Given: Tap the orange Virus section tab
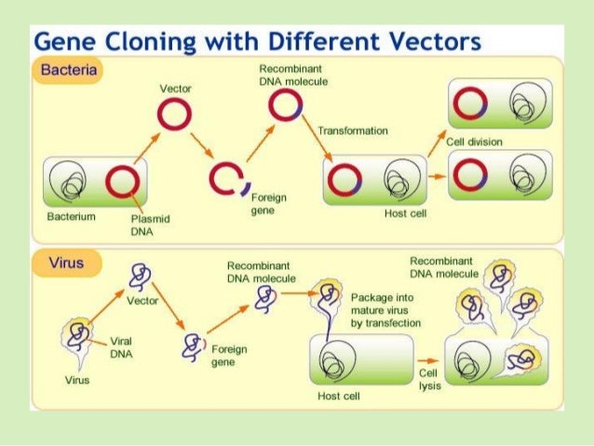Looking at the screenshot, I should tap(65, 264).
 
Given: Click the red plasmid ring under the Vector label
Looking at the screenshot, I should tap(173, 115).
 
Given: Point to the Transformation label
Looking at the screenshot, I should tap(353, 131).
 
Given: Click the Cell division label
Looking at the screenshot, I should tap(474, 142).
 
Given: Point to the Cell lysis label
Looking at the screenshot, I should tap(428, 380).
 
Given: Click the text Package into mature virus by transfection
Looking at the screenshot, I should tap(385, 309).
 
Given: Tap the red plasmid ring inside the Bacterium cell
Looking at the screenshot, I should tap(121, 181).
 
